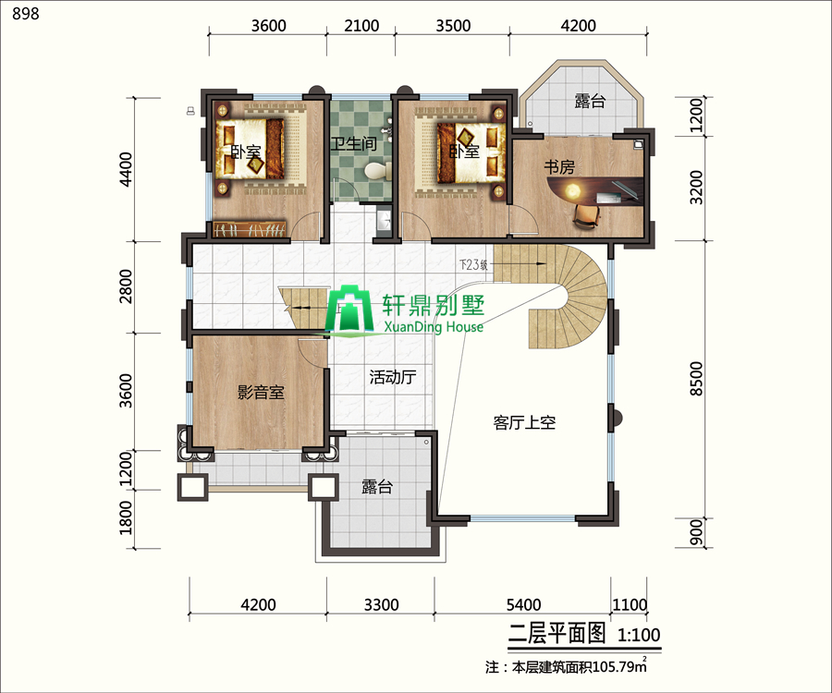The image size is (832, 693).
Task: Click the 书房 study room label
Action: click(x=558, y=167)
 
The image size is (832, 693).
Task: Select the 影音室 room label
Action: click(x=260, y=393)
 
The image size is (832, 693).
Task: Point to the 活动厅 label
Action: click(x=392, y=377)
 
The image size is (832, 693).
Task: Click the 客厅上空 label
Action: click(x=523, y=422)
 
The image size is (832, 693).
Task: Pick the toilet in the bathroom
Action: click(x=374, y=171)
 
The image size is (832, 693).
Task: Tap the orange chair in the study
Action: click(x=586, y=215)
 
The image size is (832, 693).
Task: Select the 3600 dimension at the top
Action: click(x=268, y=25)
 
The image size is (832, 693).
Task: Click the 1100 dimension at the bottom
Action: click(x=630, y=605)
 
